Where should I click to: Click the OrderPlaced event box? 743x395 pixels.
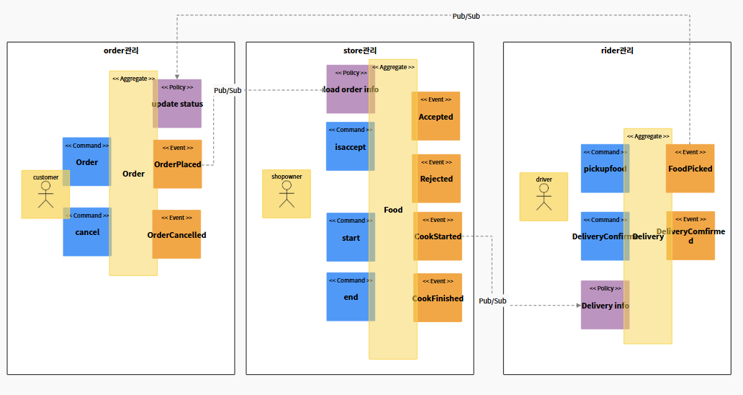(x=178, y=164)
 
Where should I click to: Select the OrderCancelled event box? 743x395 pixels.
(x=176, y=234)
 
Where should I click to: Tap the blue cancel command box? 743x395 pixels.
(x=86, y=232)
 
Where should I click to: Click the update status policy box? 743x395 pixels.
(x=178, y=103)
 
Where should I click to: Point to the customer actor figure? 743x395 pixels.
(x=46, y=195)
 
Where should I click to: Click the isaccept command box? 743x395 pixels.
(x=350, y=146)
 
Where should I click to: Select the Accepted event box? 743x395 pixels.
(x=436, y=116)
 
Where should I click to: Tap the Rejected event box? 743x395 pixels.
(x=436, y=178)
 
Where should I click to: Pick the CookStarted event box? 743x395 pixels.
(x=438, y=236)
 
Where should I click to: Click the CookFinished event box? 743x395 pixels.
(x=438, y=298)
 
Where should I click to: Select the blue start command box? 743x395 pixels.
(x=350, y=237)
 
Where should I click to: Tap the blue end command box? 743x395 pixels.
(x=350, y=296)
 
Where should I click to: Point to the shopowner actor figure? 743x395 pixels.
(x=287, y=195)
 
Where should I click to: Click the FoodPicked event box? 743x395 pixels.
(x=690, y=169)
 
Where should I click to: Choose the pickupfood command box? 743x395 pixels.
(x=604, y=169)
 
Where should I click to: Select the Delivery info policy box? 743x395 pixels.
(x=604, y=305)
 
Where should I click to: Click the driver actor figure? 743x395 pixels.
(x=544, y=197)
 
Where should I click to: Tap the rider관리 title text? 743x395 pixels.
(x=617, y=50)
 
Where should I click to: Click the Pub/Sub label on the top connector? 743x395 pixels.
(x=466, y=16)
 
